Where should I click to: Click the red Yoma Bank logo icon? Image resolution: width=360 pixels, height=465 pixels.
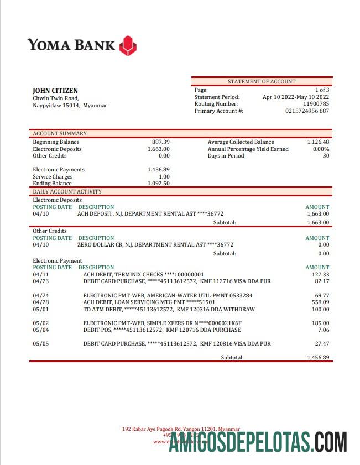pyautogui.click(x=128, y=45)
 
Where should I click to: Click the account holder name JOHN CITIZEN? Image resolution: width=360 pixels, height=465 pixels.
pyautogui.click(x=55, y=91)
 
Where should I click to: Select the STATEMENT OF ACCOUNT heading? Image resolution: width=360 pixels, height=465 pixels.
pyautogui.click(x=262, y=82)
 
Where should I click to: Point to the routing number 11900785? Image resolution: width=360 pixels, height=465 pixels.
pyautogui.click(x=316, y=104)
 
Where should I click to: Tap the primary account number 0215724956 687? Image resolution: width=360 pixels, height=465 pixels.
pyautogui.click(x=307, y=111)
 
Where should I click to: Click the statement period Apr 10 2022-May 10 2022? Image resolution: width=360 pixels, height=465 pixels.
pyautogui.click(x=295, y=97)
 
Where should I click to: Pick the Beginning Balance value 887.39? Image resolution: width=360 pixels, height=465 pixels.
pyautogui.click(x=160, y=142)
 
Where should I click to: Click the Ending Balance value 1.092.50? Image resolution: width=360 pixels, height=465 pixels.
pyautogui.click(x=158, y=184)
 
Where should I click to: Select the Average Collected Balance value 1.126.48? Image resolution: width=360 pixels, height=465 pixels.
pyautogui.click(x=318, y=142)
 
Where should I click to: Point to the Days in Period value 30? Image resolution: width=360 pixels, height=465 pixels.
pyautogui.click(x=325, y=156)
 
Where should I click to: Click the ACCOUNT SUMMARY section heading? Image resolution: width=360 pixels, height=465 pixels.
pyautogui.click(x=60, y=134)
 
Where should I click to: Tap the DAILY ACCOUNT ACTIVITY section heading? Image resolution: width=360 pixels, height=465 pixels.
pyautogui.click(x=67, y=192)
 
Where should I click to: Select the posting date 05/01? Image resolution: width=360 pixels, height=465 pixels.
pyautogui.click(x=41, y=309)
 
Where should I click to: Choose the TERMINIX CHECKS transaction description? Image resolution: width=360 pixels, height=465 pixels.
pyautogui.click(x=143, y=274)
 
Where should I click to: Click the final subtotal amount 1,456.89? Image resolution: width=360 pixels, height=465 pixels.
pyautogui.click(x=318, y=358)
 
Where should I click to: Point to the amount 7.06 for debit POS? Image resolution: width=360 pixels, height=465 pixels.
pyautogui.click(x=324, y=330)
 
